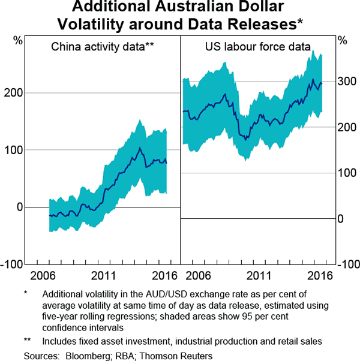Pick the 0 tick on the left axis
pos(20,207)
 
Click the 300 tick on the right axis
pos(347,82)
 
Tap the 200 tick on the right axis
pos(347,127)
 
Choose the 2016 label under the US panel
pos(320,276)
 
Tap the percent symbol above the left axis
pos(18,41)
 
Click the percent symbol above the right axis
pos(342,41)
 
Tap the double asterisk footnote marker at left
pos(28,341)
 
